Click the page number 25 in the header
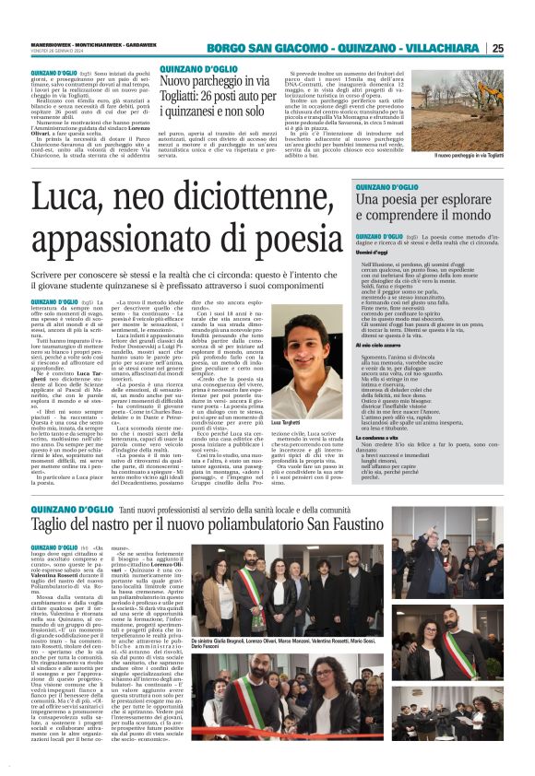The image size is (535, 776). pos(523,48)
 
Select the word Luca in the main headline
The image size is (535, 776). pos(61,198)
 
